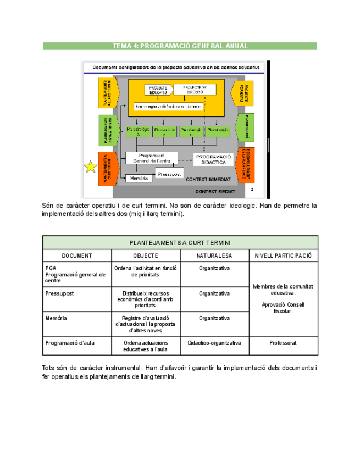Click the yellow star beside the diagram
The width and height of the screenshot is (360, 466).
pyautogui.click(x=91, y=167)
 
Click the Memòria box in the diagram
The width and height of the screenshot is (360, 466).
pyautogui.click(x=139, y=179)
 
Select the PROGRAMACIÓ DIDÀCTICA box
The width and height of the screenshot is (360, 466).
pyautogui.click(x=215, y=159)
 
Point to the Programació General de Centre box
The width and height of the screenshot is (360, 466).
pyautogui.click(x=151, y=158)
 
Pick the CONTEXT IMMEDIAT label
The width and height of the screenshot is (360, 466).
pyautogui.click(x=207, y=180)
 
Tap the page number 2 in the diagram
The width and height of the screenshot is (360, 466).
pyautogui.click(x=252, y=189)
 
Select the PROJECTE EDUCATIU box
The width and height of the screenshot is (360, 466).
pyautogui.click(x=158, y=91)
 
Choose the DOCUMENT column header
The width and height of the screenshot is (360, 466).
pyautogui.click(x=77, y=256)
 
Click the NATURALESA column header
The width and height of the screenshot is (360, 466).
pyautogui.click(x=214, y=256)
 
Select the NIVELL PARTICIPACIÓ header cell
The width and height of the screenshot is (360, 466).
pyautogui.click(x=283, y=256)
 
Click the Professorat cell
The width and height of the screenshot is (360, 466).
pyautogui.click(x=283, y=343)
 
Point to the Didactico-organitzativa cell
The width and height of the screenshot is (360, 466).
pyautogui.click(x=214, y=343)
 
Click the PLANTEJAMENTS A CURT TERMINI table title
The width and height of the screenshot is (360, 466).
pyautogui.click(x=180, y=242)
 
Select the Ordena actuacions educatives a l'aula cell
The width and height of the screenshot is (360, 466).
pyautogui.click(x=146, y=346)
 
